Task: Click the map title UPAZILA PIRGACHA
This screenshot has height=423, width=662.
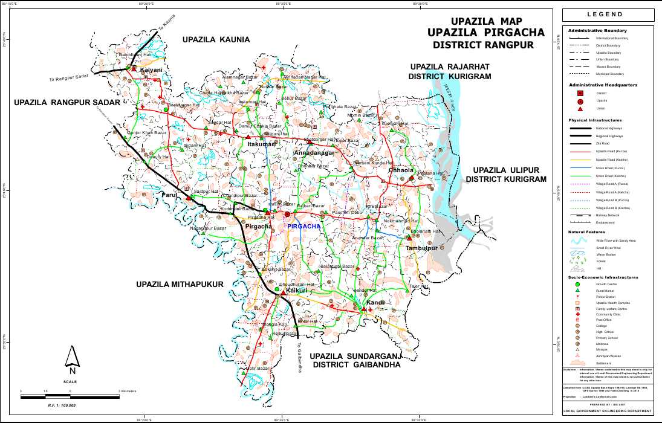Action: click(485, 33)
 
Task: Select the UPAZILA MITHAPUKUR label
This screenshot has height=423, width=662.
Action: click(180, 284)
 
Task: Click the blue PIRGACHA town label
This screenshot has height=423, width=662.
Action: click(304, 226)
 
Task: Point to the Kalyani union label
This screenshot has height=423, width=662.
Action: click(151, 71)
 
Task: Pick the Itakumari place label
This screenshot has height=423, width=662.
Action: click(262, 145)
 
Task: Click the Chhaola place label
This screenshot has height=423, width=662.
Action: click(401, 170)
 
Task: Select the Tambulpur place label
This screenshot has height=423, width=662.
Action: click(421, 248)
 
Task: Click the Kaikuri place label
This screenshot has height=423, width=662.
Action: click(296, 291)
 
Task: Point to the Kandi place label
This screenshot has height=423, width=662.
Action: click(375, 302)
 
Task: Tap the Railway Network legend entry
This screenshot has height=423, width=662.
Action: click(607, 215)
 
